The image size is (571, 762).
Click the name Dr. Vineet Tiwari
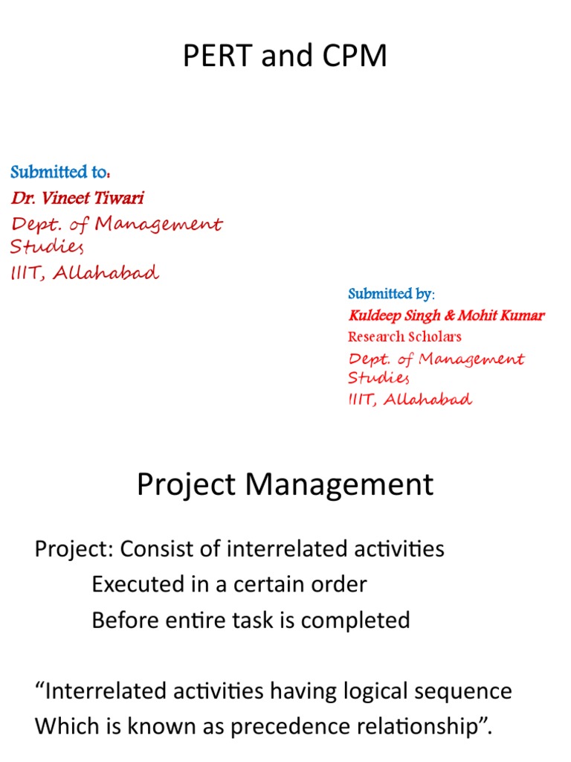[x=77, y=198]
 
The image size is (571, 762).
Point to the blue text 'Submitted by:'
[x=392, y=294]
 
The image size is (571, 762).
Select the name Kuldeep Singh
[x=395, y=316]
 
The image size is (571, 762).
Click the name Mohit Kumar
[x=501, y=316]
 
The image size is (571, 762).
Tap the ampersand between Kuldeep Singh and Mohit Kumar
[x=449, y=316]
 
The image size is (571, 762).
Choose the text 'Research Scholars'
[x=404, y=336]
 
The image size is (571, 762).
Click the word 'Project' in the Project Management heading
[x=187, y=485]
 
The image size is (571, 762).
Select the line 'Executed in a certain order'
[x=229, y=584]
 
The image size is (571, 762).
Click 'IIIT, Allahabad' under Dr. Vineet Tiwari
[x=85, y=272]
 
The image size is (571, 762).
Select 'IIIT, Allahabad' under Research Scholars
[x=410, y=400]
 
